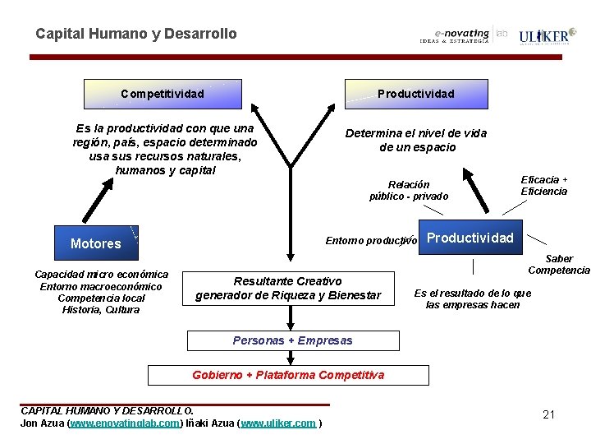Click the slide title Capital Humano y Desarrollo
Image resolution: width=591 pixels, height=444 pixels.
point(135,34)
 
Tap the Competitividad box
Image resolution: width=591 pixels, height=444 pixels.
point(163,94)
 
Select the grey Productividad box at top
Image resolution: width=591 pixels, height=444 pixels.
point(415,94)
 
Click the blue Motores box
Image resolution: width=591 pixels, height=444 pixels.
point(95,243)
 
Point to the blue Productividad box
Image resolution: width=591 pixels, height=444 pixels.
point(470,238)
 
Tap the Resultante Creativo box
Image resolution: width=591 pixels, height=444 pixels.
point(288,288)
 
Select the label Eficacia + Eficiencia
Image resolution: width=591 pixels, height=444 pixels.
point(544,186)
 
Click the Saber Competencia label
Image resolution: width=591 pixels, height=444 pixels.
point(558,265)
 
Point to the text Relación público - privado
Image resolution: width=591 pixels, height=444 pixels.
point(409,191)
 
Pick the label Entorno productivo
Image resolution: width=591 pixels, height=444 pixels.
point(371,241)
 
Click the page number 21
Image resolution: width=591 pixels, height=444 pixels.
point(549,414)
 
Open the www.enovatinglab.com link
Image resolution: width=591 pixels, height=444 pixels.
point(124,423)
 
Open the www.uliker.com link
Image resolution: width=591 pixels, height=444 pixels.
point(278,423)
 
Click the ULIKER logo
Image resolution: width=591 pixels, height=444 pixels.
point(545,37)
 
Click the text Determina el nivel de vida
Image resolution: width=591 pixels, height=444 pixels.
point(415,133)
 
